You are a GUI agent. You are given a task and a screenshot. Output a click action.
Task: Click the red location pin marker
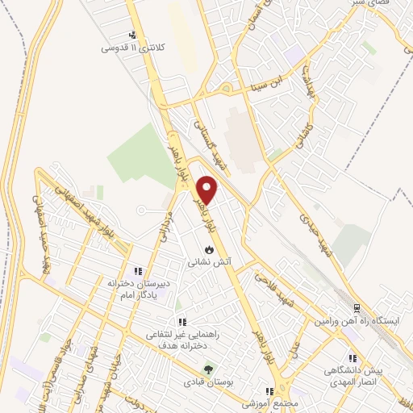coord(207,190)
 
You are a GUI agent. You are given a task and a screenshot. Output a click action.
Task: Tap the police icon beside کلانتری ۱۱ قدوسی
coord(134,35)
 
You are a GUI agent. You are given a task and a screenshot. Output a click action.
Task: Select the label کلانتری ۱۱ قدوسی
coord(132,48)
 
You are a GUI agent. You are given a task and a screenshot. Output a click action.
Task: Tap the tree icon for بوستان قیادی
coord(209,370)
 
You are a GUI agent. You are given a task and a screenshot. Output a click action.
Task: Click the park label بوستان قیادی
coord(209,384)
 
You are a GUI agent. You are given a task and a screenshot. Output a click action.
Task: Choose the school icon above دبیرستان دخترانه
coord(139,271)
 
